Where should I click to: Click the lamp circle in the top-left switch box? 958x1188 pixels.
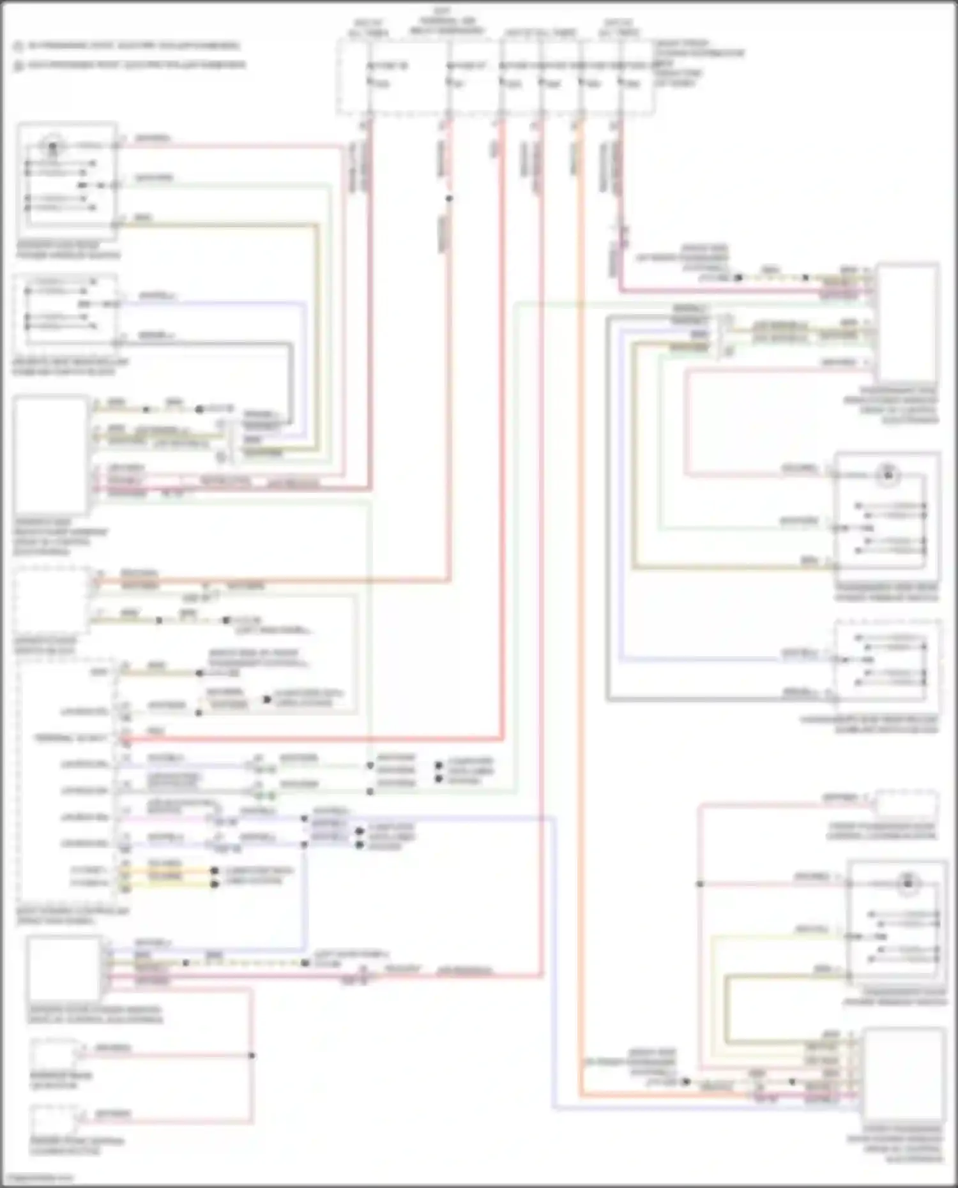point(52,147)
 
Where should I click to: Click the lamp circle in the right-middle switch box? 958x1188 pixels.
point(888,474)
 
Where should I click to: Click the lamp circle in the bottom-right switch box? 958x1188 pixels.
point(908,884)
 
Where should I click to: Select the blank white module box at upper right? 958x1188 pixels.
point(908,322)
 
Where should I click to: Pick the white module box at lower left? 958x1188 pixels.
point(64,968)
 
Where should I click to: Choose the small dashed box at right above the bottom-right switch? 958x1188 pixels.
point(907,803)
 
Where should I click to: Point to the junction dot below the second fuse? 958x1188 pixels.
point(449,199)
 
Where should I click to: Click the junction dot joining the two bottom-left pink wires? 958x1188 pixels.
point(252,1055)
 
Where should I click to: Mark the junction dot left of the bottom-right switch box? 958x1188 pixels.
point(700,884)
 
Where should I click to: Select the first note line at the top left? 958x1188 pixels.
point(128,46)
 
